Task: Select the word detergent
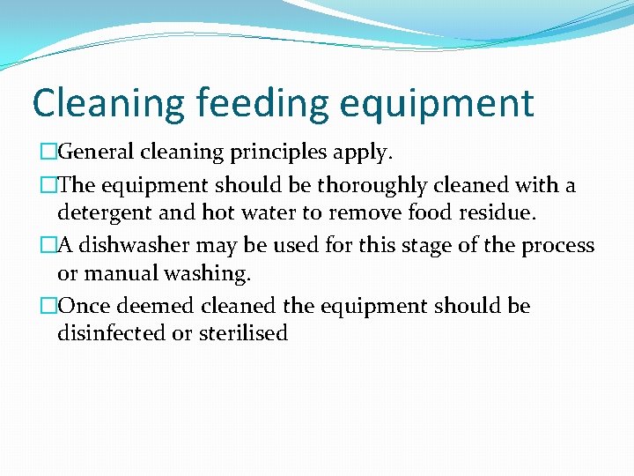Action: [x=99, y=212]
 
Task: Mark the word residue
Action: [x=499, y=212]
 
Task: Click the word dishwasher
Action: [x=131, y=246]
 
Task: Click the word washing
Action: [x=210, y=273]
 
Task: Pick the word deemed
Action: [x=159, y=307]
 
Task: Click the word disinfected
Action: [x=111, y=334]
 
